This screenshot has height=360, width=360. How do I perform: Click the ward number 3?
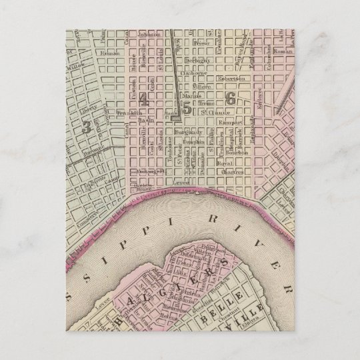coord(86,127)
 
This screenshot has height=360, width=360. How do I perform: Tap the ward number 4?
coord(143,102)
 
